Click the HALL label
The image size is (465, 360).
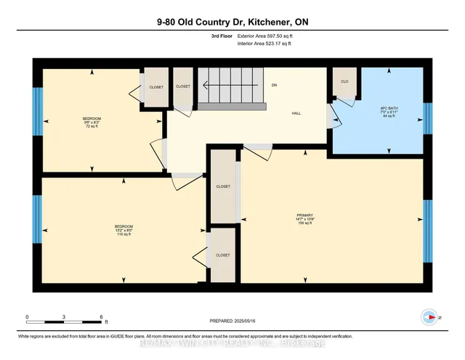pyautogui.click(x=296, y=113)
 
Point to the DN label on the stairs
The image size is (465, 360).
pyautogui.click(x=275, y=86)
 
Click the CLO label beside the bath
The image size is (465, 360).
pyautogui.click(x=344, y=81)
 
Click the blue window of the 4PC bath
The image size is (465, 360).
pyautogui.click(x=427, y=114)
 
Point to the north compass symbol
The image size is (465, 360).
pyautogui.click(x=428, y=316)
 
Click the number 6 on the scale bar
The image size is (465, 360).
pyautogui.click(x=102, y=317)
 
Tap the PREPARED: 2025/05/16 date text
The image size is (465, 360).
pyautogui.click(x=232, y=321)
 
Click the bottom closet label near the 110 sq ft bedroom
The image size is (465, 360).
pyautogui.click(x=223, y=255)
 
